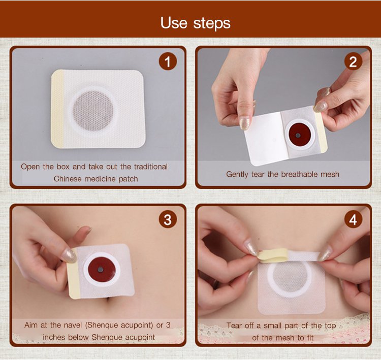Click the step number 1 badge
click(x=168, y=61)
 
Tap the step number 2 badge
click(x=353, y=61)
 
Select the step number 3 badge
click(x=168, y=219)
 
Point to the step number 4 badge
click(x=353, y=219)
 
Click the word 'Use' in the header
click(x=174, y=23)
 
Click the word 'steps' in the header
click(x=212, y=24)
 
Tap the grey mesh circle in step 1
click(x=93, y=111)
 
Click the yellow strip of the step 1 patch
click(x=57, y=109)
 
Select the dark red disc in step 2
click(x=298, y=135)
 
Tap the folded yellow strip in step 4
click(x=274, y=255)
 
